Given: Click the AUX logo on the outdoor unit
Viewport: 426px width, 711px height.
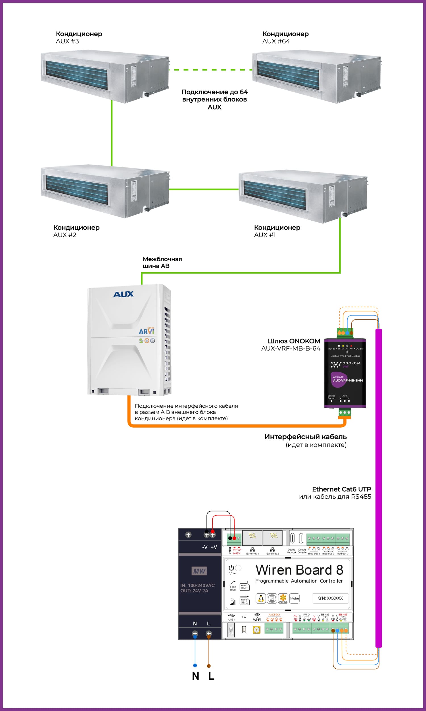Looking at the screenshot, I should click(x=124, y=294).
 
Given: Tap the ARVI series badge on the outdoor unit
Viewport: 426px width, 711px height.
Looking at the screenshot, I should click(x=146, y=331).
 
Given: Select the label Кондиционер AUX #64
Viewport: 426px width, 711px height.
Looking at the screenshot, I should click(x=285, y=38).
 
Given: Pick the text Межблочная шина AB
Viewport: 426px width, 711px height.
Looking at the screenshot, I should click(x=162, y=262).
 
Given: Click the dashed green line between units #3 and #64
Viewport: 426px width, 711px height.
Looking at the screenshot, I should click(x=210, y=70).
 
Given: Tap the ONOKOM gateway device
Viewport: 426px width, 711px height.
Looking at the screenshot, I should click(x=345, y=373).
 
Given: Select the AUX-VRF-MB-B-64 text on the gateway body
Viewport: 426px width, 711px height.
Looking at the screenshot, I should click(x=348, y=380).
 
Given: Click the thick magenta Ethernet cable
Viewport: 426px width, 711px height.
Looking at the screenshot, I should click(x=379, y=488).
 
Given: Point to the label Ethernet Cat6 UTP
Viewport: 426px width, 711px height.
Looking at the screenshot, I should click(x=341, y=489).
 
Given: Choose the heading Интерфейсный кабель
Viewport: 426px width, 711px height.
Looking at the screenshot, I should click(x=305, y=437).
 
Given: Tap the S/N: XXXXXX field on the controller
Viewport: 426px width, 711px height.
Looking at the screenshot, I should click(x=330, y=598).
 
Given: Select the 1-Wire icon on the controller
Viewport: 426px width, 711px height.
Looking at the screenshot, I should click(x=294, y=598).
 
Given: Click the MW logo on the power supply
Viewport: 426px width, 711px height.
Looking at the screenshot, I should click(x=199, y=571).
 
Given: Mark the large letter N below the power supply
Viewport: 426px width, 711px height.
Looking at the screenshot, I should click(x=195, y=676).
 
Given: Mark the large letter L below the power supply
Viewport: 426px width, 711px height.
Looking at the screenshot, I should click(x=211, y=676).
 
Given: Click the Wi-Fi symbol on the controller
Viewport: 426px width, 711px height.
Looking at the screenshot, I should click(x=257, y=615).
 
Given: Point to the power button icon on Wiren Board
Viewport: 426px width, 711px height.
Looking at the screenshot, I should click(x=231, y=568).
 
